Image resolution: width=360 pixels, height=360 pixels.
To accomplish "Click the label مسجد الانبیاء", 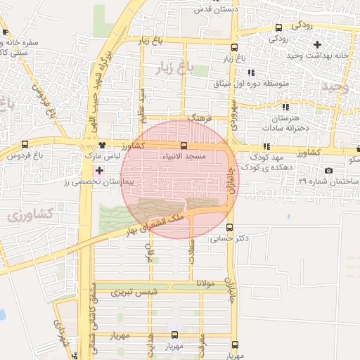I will pos(184,155).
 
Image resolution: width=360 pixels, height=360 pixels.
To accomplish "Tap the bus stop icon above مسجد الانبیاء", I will pos(184,146).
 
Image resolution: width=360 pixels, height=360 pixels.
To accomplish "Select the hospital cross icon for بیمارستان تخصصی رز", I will pos(99,170).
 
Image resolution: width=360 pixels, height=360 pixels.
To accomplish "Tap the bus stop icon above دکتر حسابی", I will pos(230,227).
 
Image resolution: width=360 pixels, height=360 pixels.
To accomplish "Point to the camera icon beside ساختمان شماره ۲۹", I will pos(328,170).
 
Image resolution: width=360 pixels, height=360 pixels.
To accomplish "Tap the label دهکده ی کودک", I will pos(264,168).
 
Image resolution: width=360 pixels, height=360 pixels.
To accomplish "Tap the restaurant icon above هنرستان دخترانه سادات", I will pos(285,107).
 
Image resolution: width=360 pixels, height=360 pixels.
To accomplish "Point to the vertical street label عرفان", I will pos(149,254).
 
